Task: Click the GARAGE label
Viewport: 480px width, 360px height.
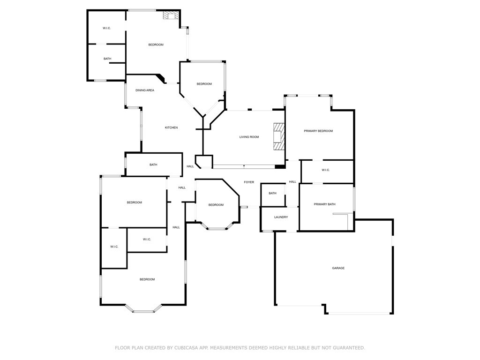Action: click(x=338, y=268)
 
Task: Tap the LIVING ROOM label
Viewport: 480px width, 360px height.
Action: click(x=249, y=137)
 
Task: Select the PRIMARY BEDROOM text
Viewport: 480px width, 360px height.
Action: click(x=318, y=131)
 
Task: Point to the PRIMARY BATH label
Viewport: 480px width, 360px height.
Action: click(x=324, y=204)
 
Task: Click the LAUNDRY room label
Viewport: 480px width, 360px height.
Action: click(x=281, y=217)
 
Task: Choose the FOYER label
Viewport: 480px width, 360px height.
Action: click(x=248, y=182)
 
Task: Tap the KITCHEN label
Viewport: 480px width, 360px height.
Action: click(x=171, y=127)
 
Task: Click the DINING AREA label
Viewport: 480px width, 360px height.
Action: click(x=145, y=90)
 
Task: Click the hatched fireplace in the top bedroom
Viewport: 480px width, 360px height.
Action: click(x=169, y=15)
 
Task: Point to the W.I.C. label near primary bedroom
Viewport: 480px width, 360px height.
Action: click(x=326, y=170)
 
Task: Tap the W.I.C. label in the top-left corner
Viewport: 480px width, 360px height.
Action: click(x=106, y=28)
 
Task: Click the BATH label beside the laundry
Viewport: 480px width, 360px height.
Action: click(x=272, y=193)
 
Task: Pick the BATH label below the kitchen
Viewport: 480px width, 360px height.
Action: click(x=153, y=165)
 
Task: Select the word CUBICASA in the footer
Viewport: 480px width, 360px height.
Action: click(x=186, y=348)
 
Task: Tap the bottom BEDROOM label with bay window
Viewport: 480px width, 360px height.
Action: click(x=147, y=279)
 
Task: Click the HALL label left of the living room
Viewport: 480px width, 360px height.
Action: click(x=190, y=166)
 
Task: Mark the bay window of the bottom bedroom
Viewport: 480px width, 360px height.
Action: click(x=144, y=309)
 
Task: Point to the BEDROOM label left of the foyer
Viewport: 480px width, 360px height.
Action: click(x=216, y=205)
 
